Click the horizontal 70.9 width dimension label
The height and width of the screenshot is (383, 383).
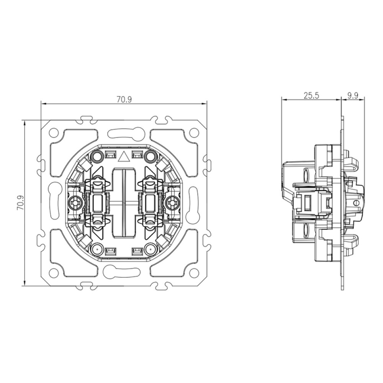click(124, 100)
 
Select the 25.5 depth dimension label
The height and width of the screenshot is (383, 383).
click(311, 95)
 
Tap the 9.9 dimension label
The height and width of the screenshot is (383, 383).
click(353, 95)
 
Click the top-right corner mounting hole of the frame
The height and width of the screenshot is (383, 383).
click(194, 132)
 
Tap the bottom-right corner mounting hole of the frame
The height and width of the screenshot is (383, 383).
click(194, 273)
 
